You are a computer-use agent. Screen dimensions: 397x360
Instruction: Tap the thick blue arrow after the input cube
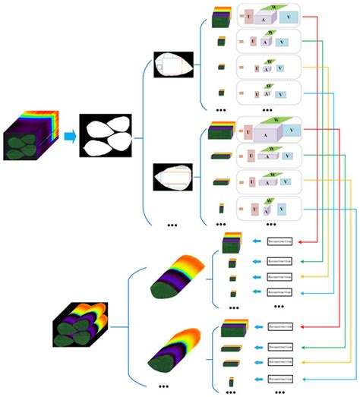pos(68,137)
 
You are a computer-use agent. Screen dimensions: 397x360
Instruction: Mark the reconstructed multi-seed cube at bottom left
pos(73,322)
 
